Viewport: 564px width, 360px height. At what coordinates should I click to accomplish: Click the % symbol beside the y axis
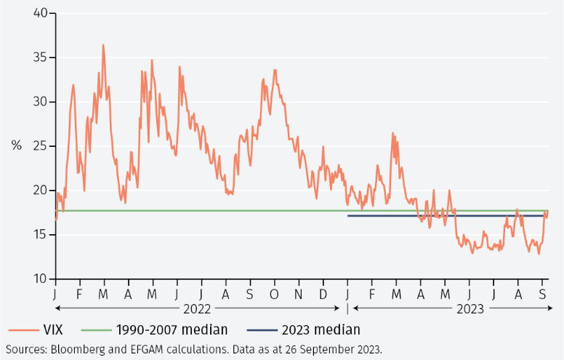click(x=16, y=145)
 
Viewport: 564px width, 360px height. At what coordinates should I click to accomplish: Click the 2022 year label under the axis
click(x=198, y=309)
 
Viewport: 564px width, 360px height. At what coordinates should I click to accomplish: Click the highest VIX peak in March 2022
click(x=103, y=45)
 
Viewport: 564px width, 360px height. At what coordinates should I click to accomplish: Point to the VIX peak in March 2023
click(x=392, y=133)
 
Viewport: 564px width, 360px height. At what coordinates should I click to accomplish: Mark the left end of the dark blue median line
click(x=348, y=216)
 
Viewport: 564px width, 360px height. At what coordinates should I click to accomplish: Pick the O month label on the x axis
click(x=275, y=295)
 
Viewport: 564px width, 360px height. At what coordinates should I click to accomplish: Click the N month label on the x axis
click(x=299, y=295)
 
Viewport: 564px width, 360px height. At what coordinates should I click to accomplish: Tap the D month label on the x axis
click(x=323, y=295)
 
